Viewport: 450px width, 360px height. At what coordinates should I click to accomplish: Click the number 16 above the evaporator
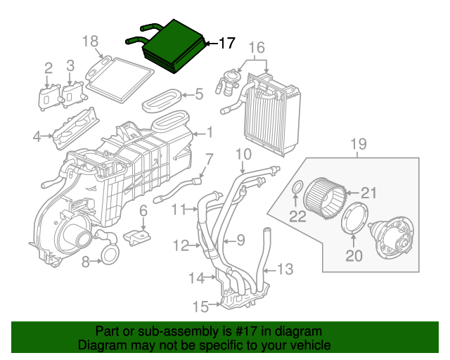tap(256, 49)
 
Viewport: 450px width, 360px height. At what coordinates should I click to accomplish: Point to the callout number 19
tap(359, 146)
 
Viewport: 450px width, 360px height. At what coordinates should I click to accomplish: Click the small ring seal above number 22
tap(297, 187)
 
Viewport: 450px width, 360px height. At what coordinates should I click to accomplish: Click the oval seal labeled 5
tap(163, 101)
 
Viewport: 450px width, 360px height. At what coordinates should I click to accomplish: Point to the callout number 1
tap(209, 132)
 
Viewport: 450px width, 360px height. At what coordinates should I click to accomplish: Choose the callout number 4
tap(37, 136)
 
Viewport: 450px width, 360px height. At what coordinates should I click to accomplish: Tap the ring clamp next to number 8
tap(111, 254)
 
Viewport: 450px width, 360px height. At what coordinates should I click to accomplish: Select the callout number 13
tap(284, 269)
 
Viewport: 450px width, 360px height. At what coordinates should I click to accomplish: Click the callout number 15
tap(201, 307)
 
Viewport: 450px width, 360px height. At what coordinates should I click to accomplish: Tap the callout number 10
tap(243, 154)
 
